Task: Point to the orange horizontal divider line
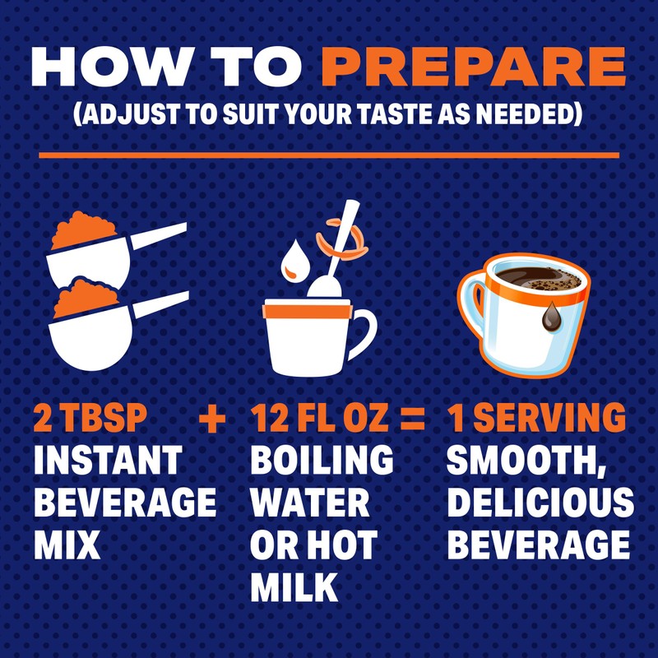point(328,154)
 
